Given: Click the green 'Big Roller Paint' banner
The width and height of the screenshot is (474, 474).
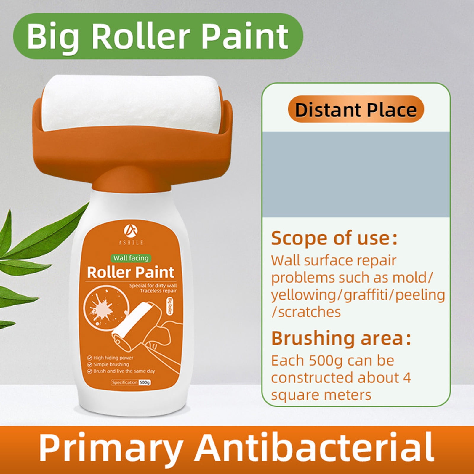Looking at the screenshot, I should click(x=158, y=36).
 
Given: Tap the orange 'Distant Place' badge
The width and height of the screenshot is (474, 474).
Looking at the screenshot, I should click(x=356, y=110).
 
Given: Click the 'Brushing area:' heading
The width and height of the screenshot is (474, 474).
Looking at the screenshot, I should click(x=341, y=338).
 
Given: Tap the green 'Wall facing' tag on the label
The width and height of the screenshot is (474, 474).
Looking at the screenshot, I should click(x=131, y=258).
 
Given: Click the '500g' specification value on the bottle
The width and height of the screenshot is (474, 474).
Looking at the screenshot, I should click(x=145, y=382).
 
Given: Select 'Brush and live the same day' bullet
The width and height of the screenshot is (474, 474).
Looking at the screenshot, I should click(x=124, y=371).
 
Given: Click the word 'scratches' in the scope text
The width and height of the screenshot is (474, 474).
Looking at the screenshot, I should click(x=309, y=312).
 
